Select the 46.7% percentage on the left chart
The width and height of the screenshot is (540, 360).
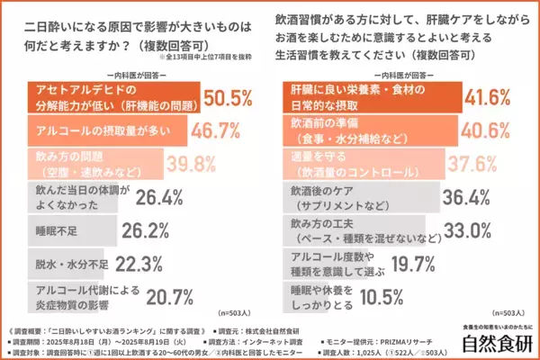[x=217, y=130]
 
